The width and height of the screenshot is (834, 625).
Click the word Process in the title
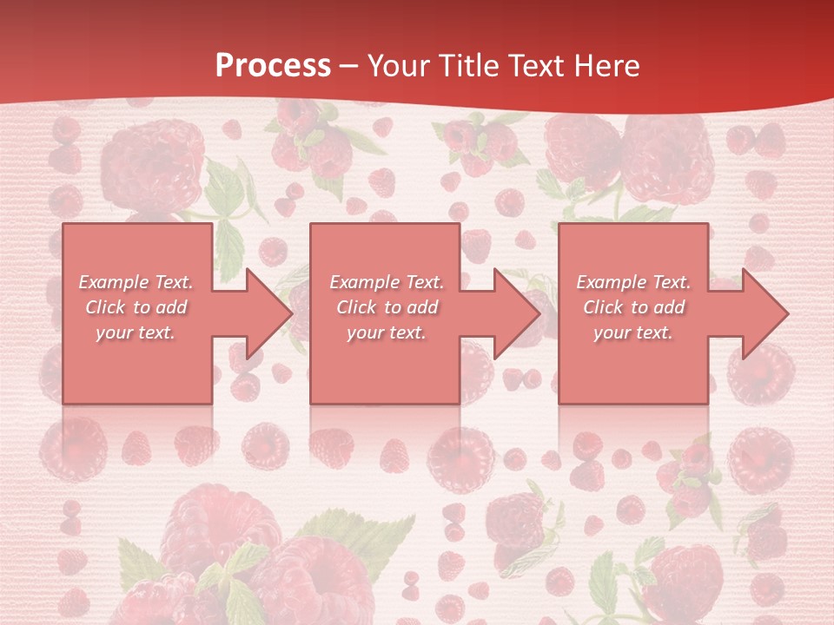tap(273, 66)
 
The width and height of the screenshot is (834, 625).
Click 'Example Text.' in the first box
tap(136, 282)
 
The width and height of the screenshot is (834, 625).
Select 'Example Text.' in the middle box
tap(387, 282)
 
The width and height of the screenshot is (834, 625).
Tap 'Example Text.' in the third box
tap(633, 282)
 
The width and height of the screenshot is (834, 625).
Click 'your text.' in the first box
tap(136, 332)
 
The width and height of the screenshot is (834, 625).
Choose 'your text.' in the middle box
tap(387, 332)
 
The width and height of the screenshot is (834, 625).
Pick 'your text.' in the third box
tap(633, 332)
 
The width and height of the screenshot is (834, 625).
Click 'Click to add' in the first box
tap(136, 307)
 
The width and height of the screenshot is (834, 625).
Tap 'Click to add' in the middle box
tap(387, 307)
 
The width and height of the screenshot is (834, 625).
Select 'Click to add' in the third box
tap(633, 307)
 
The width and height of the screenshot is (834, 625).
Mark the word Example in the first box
tap(113, 282)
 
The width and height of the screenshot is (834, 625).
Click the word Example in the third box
tap(610, 282)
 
